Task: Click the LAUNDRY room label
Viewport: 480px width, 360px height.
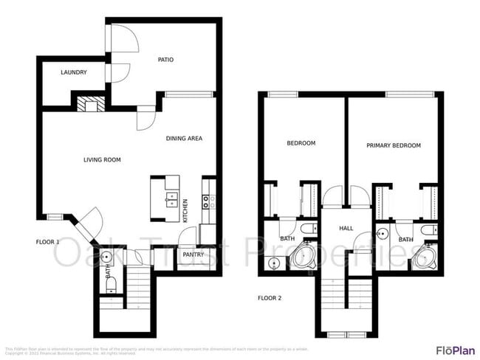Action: pos(74,72)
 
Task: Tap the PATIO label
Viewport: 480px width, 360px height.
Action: pos(165,60)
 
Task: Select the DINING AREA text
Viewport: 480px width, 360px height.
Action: pos(184,138)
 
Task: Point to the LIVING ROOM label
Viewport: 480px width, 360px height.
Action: pos(102,159)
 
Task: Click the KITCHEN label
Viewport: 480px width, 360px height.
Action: pos(185,210)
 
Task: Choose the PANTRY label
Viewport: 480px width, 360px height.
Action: pos(193,255)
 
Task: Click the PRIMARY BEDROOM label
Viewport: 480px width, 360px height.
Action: pos(394,145)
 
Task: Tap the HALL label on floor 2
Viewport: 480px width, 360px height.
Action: pos(346,229)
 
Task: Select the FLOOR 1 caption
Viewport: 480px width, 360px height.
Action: pos(49,241)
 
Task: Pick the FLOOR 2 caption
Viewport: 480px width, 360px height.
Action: pos(270,299)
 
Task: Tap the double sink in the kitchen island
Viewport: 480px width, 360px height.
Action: pos(171,199)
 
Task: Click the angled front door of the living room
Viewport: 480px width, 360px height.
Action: pos(91,221)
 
